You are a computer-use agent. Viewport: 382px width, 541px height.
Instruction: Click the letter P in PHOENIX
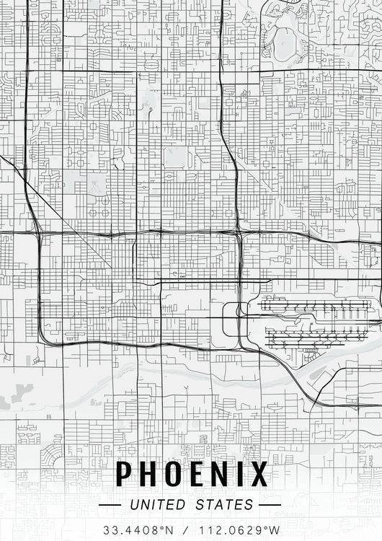click(x=125, y=475)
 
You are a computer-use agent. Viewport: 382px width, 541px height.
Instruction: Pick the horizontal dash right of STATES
click(x=269, y=505)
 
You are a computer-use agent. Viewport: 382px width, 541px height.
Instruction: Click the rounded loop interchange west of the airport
click(x=231, y=319)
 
